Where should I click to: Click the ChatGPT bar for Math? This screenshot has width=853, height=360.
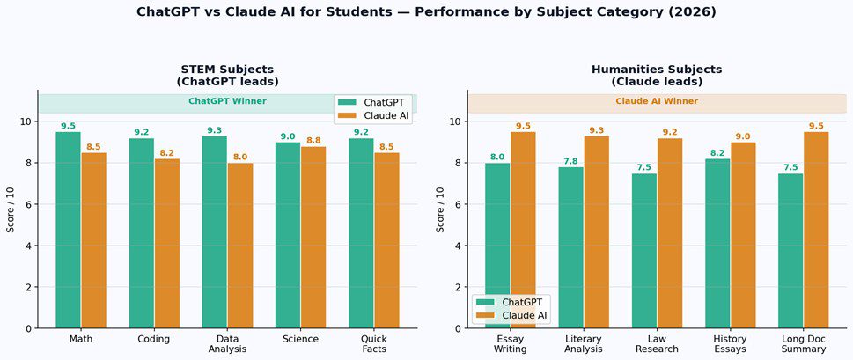68,231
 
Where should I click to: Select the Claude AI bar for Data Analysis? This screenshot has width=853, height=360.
240,246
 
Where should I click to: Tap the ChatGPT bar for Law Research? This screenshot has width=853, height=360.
644,251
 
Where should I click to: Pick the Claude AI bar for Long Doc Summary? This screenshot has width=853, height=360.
816,231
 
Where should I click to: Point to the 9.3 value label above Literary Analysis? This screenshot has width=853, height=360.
596,130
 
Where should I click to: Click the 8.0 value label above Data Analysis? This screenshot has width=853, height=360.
240,157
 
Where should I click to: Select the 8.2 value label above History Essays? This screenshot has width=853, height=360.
717,152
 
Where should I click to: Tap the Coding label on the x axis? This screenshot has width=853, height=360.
154,339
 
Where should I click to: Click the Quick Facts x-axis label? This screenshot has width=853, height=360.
374,344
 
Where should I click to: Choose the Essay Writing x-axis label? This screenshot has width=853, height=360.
511,344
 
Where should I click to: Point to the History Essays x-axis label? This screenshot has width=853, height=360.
730,344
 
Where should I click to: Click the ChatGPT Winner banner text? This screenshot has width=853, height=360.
227,101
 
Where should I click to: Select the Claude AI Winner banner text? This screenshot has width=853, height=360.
656,101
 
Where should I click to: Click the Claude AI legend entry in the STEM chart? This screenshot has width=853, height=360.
379,116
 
